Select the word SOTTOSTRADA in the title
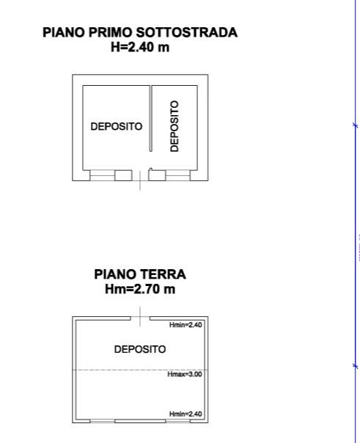tap(187, 32)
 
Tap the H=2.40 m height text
tap(140, 47)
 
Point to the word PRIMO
tap(111, 32)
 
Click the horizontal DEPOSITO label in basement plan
tap(117, 127)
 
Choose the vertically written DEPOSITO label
tap(175, 126)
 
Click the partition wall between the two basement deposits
tap(150, 118)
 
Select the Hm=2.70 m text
tap(140, 289)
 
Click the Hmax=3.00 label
tap(185, 374)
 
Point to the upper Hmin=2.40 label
tap(185, 325)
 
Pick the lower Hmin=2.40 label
tap(185, 414)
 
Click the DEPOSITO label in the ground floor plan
tap(140, 349)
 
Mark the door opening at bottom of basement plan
tap(140, 175)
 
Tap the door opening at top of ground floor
tap(140, 318)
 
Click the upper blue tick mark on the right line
tap(356, 125)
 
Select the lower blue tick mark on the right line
tap(356, 366)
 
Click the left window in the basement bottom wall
tap(103, 175)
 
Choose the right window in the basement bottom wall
tap(178, 175)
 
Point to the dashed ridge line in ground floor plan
tap(140, 370)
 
